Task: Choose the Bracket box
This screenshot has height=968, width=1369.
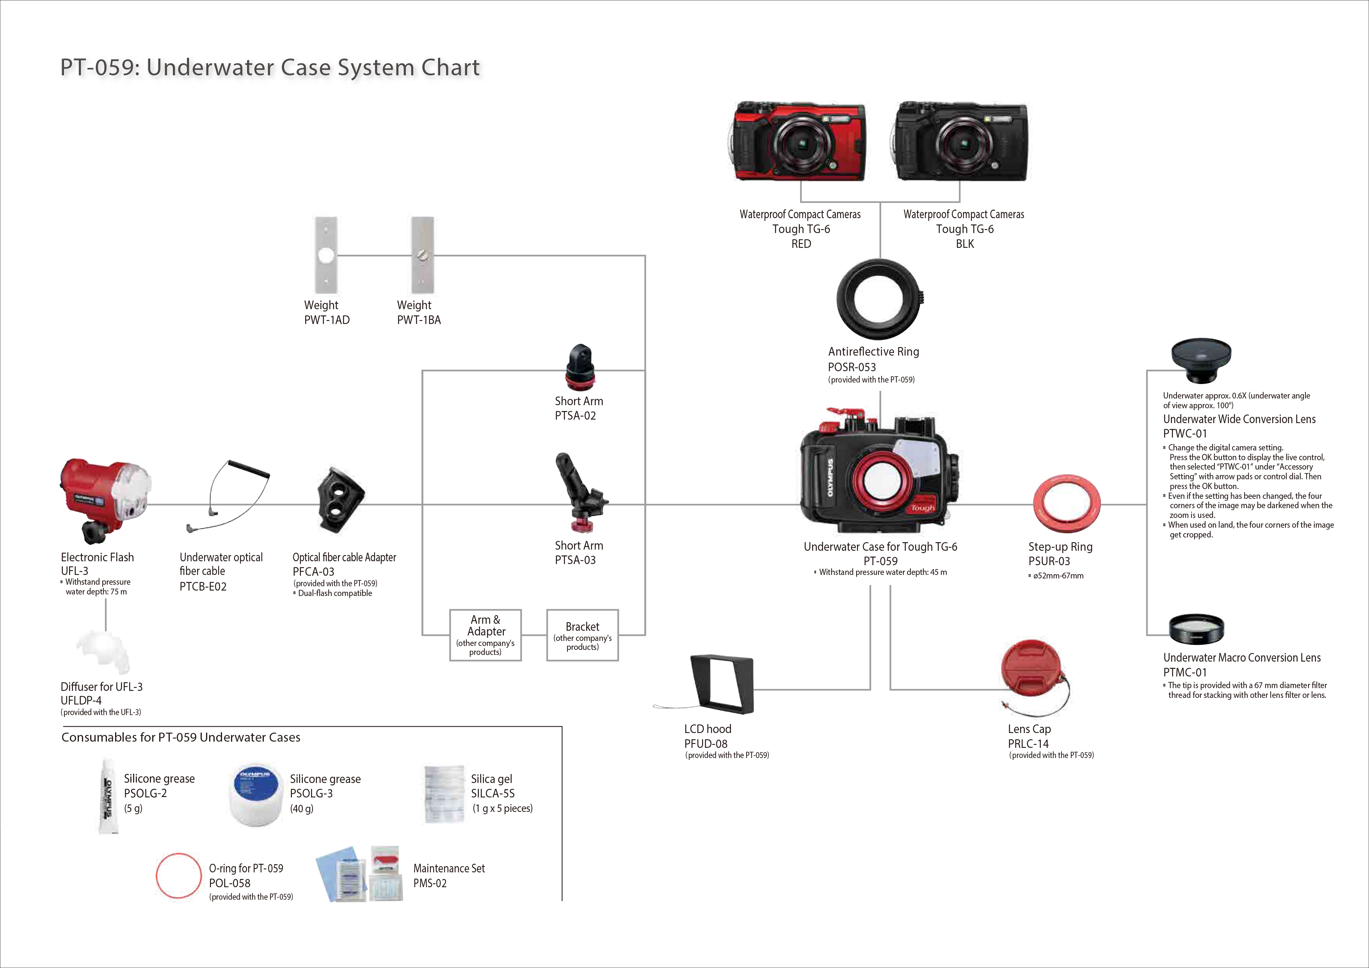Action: [x=583, y=635]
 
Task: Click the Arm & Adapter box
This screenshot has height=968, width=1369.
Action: [x=485, y=635]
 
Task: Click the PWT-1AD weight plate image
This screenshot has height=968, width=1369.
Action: [x=326, y=255]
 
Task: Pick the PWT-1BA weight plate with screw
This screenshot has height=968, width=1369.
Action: [x=423, y=255]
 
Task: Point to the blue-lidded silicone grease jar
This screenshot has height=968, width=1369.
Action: [x=256, y=795]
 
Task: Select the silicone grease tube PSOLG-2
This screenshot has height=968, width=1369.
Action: [x=108, y=797]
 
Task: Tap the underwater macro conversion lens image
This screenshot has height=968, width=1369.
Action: [x=1197, y=629]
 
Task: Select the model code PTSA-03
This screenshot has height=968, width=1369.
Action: [x=575, y=560]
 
